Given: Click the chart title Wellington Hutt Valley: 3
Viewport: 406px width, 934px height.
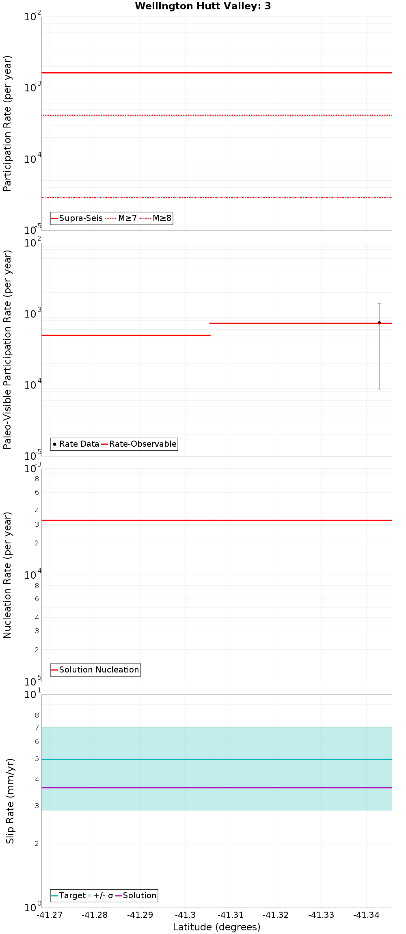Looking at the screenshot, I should tap(203, 6).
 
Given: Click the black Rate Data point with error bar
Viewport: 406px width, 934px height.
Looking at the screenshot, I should tap(379, 323).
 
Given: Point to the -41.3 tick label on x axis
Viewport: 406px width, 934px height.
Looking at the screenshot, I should tap(185, 915).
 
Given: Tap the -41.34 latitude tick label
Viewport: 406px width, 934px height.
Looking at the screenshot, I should tap(366, 915).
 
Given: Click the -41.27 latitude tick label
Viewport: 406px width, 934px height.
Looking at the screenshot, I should tap(50, 915).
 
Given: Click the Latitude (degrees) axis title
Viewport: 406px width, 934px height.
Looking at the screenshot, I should tap(216, 927).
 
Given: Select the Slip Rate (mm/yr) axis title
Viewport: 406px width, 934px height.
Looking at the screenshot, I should tap(10, 801).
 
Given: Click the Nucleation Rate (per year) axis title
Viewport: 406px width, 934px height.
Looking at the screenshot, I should tap(7, 575).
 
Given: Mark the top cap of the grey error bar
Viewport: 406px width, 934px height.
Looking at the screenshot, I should tap(379, 303).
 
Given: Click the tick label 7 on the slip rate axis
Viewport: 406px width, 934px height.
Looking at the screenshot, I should tap(37, 727).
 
